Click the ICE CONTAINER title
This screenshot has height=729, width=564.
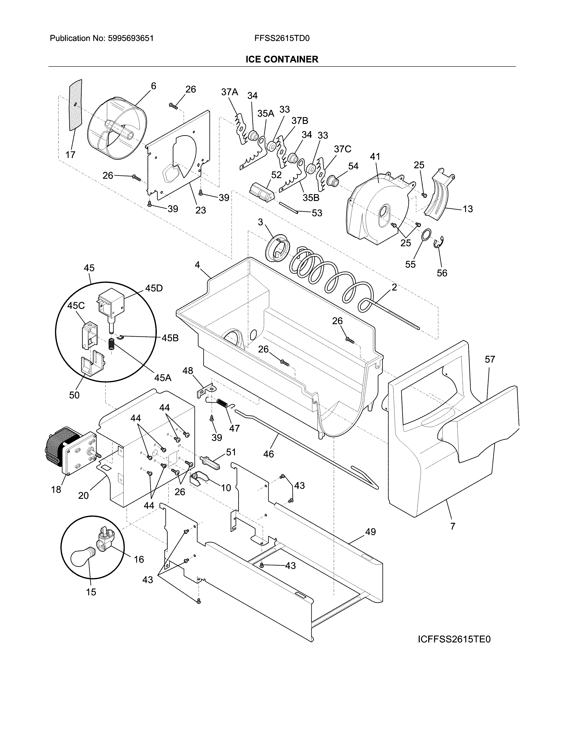tap(282, 59)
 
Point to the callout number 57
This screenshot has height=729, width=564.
tap(490, 359)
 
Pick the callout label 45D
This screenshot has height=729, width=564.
tap(154, 288)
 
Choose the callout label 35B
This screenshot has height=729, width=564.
tap(311, 198)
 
